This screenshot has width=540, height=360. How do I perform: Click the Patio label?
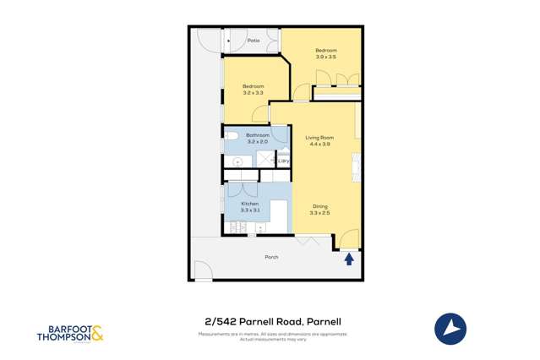(254, 41)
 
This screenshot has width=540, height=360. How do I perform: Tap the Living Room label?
(319, 137)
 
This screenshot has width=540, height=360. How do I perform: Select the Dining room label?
(319, 207)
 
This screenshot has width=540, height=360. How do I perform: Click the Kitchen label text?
(249, 204)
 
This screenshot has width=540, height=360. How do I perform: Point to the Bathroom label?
(258, 135)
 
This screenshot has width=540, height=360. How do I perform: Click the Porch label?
(271, 257)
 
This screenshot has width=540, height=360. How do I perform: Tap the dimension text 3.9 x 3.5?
(326, 57)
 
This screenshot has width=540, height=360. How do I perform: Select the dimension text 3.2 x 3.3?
(254, 93)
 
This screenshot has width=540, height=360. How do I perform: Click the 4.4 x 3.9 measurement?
(319, 145)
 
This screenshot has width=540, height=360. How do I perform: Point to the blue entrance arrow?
(349, 259)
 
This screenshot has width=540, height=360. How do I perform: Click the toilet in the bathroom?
(231, 135)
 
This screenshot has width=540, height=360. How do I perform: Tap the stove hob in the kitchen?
(237, 226)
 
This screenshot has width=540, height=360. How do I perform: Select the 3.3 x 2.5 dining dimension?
(319, 214)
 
